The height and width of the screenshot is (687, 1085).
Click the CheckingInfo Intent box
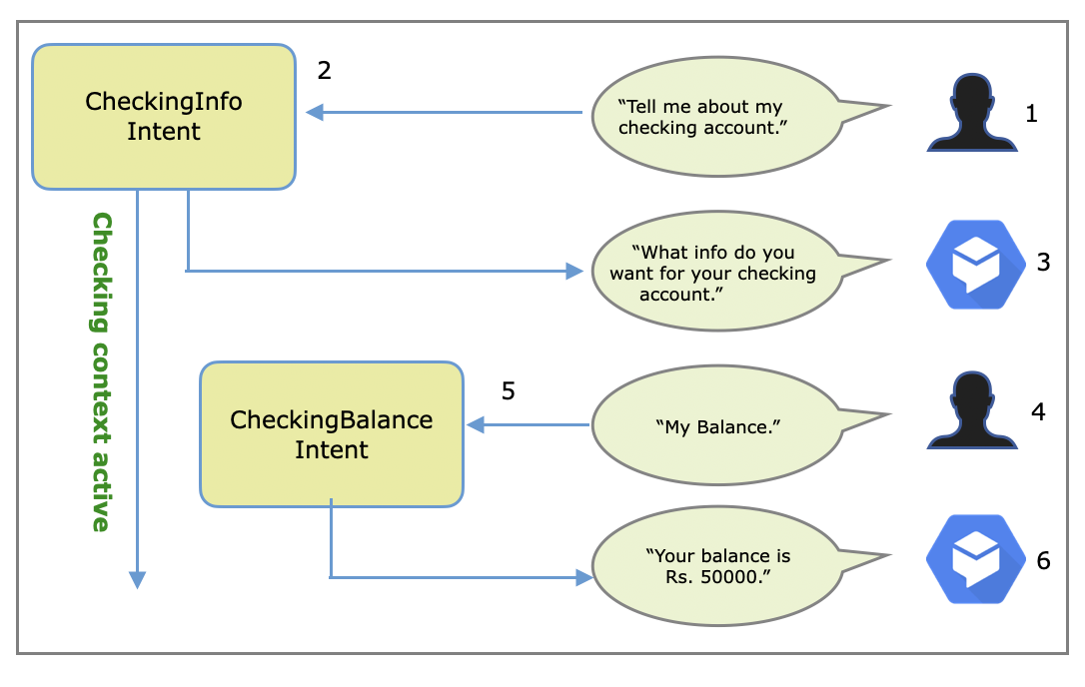click(x=164, y=116)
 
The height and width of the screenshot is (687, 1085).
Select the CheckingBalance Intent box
click(x=332, y=434)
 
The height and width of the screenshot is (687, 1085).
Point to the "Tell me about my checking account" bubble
click(x=714, y=117)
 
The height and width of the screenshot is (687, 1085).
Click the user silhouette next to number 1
click(x=972, y=114)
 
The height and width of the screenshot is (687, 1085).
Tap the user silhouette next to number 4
click(x=972, y=410)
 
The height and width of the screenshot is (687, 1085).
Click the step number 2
click(x=324, y=71)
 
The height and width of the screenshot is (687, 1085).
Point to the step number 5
click(x=509, y=390)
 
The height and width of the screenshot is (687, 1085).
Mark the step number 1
click(x=1031, y=114)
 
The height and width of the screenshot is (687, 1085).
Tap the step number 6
click(x=1043, y=560)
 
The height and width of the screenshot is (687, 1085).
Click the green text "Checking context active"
click(x=101, y=371)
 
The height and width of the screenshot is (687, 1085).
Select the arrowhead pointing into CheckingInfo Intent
click(x=314, y=113)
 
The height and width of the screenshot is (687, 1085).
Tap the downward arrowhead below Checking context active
click(x=137, y=580)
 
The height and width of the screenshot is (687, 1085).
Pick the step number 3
click(x=1043, y=263)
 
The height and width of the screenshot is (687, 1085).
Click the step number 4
click(x=1038, y=410)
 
